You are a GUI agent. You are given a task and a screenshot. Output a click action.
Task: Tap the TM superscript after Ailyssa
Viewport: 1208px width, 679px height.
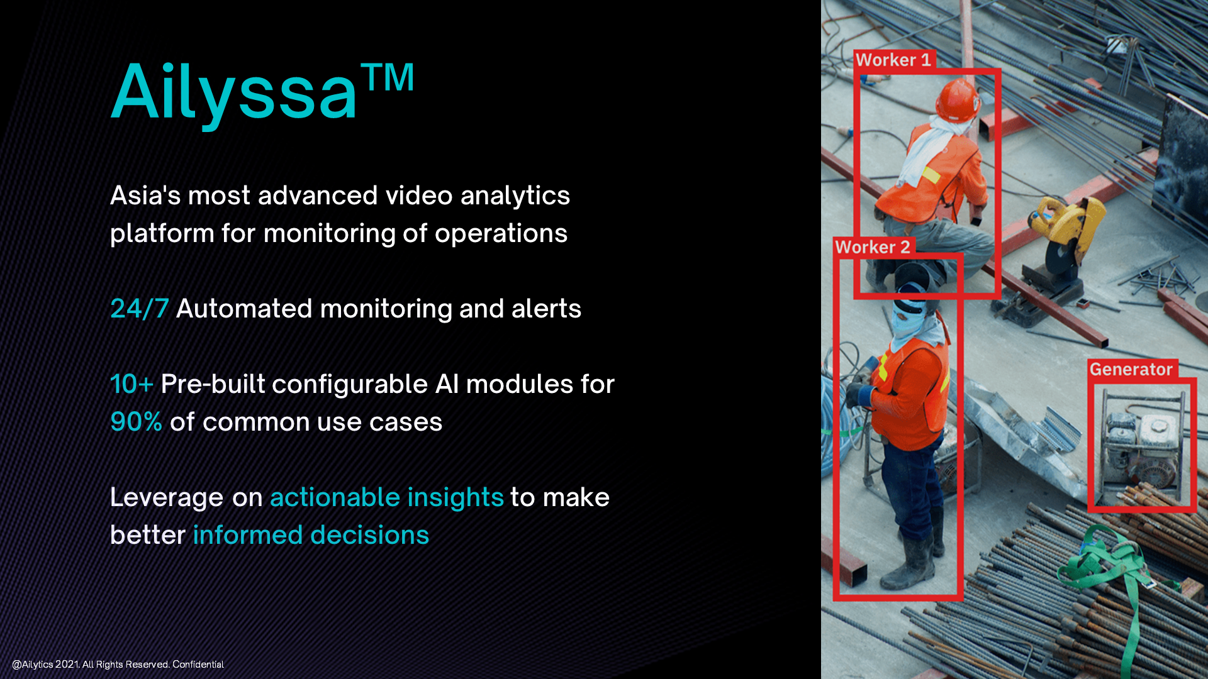click(388, 77)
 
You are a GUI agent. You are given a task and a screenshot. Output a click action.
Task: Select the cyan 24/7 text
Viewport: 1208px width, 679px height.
click(140, 309)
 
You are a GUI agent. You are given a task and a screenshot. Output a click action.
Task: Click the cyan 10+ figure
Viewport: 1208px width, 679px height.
click(131, 384)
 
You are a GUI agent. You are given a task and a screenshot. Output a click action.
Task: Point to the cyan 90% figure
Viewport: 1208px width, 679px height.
click(136, 422)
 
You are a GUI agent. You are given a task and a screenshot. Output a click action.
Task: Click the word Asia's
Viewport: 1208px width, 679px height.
click(145, 195)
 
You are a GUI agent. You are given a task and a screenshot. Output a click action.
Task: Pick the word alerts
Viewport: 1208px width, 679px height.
click(546, 309)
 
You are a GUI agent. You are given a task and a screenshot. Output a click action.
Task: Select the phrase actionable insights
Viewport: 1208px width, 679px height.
click(387, 497)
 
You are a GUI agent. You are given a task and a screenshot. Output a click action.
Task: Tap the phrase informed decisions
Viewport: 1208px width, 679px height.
click(311, 535)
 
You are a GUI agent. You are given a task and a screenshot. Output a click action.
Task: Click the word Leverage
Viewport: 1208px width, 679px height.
click(167, 497)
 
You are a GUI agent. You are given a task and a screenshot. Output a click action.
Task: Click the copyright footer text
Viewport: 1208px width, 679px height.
click(118, 665)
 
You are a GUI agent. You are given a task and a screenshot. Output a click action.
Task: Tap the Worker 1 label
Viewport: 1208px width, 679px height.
click(893, 60)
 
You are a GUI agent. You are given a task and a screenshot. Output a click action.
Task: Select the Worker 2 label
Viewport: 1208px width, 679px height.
click(873, 247)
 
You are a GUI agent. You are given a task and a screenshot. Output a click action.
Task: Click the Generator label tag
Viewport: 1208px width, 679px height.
click(1131, 369)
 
